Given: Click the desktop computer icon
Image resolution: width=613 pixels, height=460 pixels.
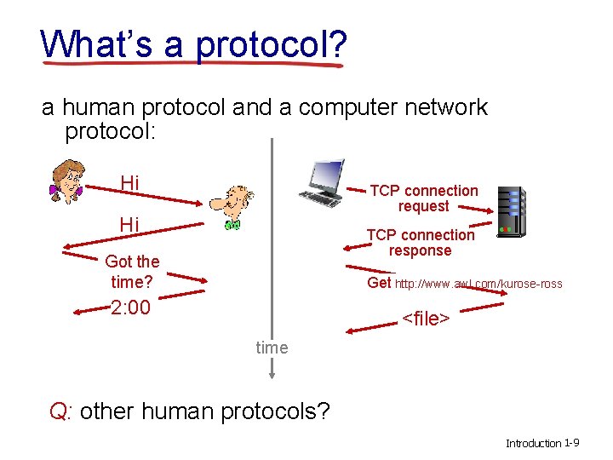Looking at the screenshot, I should pos(322,182).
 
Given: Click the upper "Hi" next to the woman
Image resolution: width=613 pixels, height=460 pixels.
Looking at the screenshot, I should pos(130,183).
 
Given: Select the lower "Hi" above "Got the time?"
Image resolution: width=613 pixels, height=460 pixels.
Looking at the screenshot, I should pos(129,225).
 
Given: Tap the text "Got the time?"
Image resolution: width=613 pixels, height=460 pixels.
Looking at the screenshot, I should pos(132,271).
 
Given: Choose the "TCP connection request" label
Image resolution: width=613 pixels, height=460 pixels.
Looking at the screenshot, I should pos(423,198).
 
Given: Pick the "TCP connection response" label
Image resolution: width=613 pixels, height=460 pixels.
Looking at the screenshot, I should pos(420,243).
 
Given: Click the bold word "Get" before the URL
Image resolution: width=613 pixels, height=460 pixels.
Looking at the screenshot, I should pos(379,283).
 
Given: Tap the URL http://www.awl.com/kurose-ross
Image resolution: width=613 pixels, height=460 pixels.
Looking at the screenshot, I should pos(478,284).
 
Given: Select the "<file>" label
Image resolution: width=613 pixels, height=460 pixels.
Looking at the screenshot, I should pos(425,319).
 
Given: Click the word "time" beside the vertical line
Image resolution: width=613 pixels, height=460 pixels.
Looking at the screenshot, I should pos(272,348).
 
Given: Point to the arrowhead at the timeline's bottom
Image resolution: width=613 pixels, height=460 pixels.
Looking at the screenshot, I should pos(272,371).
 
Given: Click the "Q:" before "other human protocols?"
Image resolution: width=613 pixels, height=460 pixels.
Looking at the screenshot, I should pos(61,411).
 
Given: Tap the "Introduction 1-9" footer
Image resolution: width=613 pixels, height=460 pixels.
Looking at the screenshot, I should pos(542,443).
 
